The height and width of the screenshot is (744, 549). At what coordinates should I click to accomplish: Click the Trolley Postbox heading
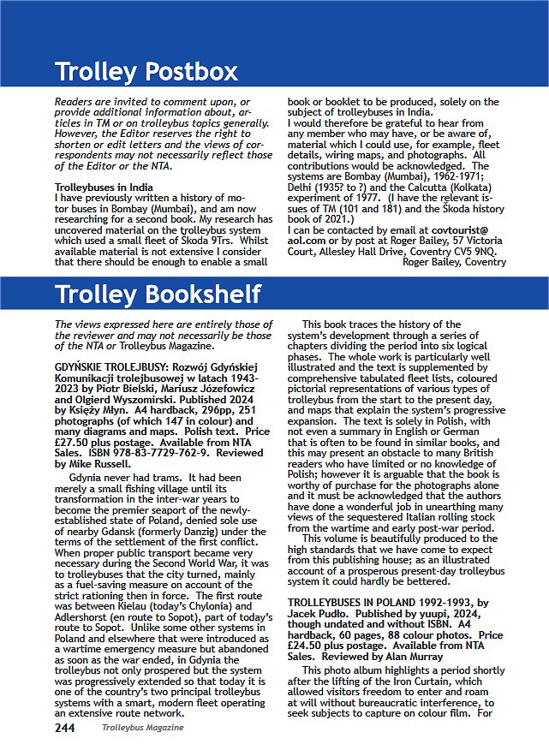(x=146, y=70)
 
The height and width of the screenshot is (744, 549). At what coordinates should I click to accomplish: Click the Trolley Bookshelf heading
(x=158, y=295)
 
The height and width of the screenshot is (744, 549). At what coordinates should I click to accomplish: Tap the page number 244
(x=65, y=728)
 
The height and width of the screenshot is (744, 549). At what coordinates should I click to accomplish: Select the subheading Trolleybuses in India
(x=104, y=187)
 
